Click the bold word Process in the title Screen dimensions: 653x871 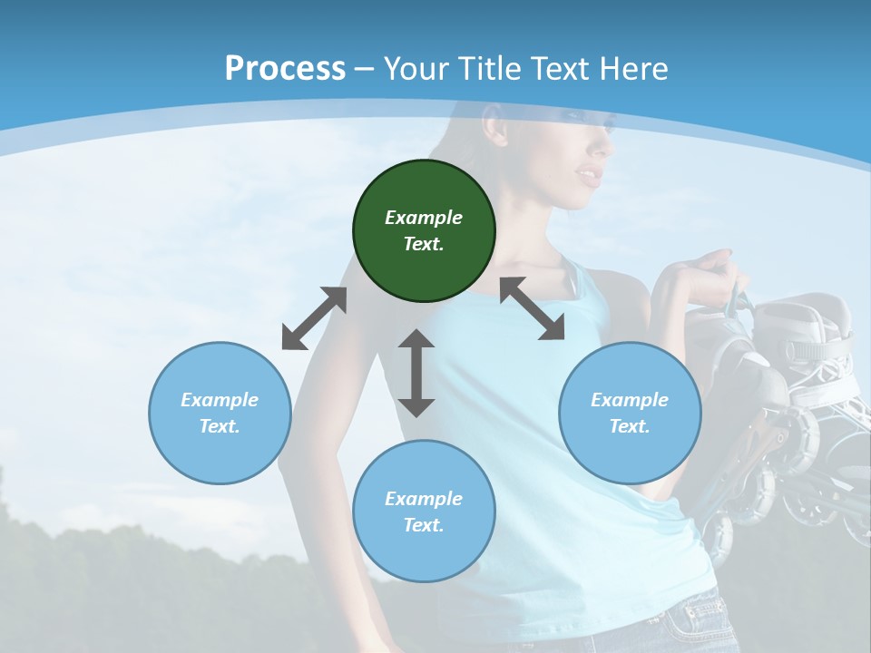[x=285, y=69]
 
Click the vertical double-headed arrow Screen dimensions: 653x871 [x=416, y=373]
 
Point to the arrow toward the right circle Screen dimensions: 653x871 [x=532, y=308]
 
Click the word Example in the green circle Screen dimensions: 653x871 [x=424, y=218]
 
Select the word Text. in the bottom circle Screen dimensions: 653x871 [x=424, y=525]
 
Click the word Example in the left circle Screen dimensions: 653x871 [x=220, y=400]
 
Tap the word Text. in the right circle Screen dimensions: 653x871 [x=630, y=426]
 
